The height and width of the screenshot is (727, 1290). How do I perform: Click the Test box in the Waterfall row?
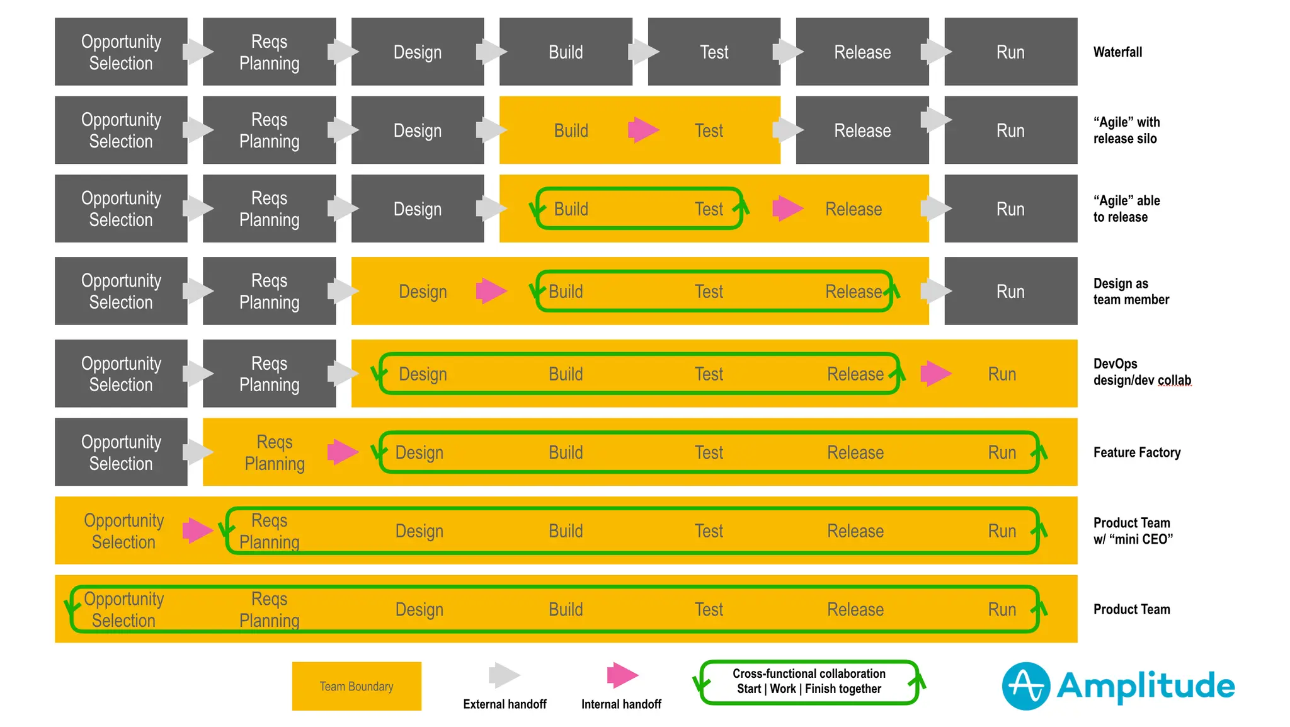pos(714,52)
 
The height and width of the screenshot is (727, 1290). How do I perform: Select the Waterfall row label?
pos(1117,52)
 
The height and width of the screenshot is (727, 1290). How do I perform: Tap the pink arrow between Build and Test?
pos(643,130)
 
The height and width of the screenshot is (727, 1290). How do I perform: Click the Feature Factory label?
pos(1136,452)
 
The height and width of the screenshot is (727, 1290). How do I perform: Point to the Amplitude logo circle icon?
pos(1025,686)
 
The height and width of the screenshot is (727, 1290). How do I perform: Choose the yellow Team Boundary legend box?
pos(357,686)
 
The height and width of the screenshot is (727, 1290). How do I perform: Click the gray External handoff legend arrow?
pos(504,675)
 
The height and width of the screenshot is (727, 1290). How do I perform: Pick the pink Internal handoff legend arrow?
pos(622,675)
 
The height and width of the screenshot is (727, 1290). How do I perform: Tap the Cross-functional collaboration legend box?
pos(809,682)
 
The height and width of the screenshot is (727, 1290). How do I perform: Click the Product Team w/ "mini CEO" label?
pos(1133,531)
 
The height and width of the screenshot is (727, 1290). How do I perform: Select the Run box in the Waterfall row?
pos(1010,52)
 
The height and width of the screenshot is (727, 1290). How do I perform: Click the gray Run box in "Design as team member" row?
pos(1010,291)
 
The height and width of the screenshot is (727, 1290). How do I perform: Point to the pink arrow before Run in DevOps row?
pos(935,374)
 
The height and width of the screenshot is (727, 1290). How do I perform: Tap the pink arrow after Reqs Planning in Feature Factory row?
pos(343,452)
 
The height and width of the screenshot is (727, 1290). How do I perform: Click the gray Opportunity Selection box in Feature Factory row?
pos(121,452)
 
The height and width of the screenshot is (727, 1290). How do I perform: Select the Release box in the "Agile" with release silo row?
pos(862,130)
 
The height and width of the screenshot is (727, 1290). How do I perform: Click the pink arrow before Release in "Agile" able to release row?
pos(787,209)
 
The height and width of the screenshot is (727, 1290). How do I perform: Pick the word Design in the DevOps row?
pos(423,374)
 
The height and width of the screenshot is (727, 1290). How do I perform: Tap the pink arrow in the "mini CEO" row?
pos(198,530)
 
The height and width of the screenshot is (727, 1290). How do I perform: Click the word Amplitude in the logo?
pos(1145,686)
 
